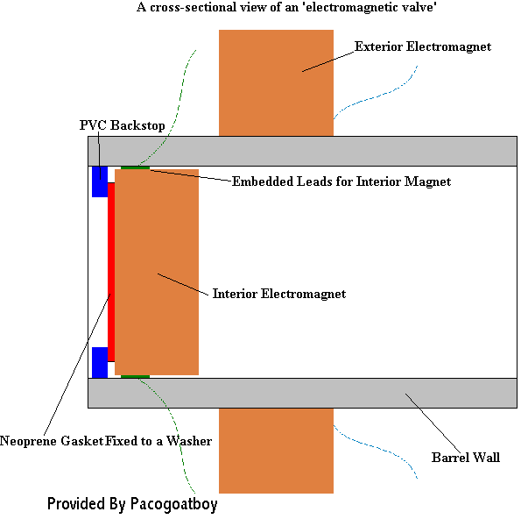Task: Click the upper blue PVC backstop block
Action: (x=100, y=181)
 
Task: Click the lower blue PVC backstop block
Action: (x=100, y=362)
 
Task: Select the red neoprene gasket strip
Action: (x=111, y=272)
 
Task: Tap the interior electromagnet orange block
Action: (x=157, y=272)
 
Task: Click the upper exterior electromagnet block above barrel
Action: (x=276, y=82)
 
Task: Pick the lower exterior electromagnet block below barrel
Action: (x=276, y=451)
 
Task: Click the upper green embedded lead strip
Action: (x=135, y=167)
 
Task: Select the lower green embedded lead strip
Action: (x=135, y=377)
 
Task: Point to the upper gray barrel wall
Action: (x=302, y=151)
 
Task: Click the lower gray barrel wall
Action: (x=302, y=393)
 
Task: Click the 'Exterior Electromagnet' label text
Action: (x=423, y=46)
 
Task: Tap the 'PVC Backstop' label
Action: (x=123, y=125)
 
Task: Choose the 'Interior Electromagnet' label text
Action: (x=279, y=294)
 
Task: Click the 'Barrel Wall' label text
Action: (x=466, y=458)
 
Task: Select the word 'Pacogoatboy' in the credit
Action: (x=173, y=504)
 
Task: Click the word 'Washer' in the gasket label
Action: (x=189, y=441)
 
